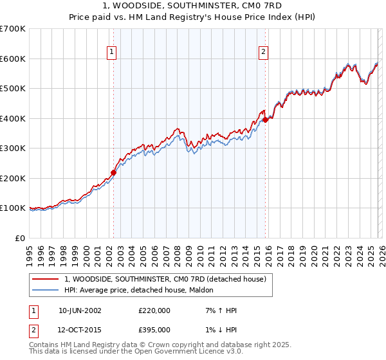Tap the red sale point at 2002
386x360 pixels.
[113, 172]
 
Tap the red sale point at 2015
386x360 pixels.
[265, 120]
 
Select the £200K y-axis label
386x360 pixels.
[13, 178]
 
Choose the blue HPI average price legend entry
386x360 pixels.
[143, 290]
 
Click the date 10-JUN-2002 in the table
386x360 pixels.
[80, 310]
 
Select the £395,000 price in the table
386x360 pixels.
[154, 330]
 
